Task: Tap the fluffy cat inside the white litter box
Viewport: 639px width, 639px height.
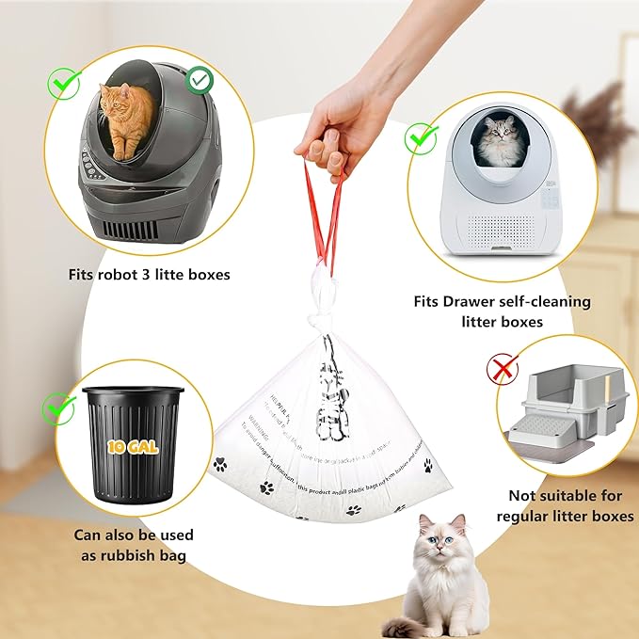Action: (498, 142)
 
